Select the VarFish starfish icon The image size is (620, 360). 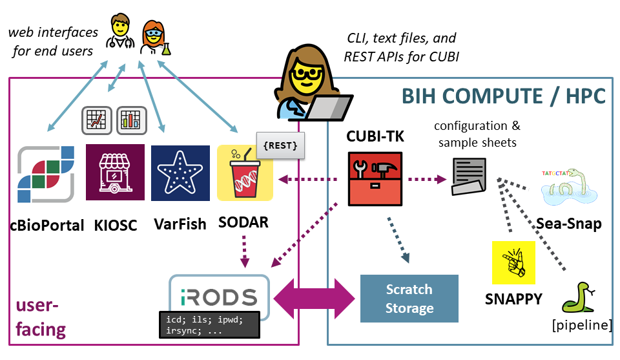[x=180, y=173]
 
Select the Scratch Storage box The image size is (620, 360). [x=409, y=299]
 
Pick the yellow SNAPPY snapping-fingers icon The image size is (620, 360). [x=513, y=262]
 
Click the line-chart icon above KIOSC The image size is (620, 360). [x=97, y=120]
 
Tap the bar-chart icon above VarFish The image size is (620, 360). [x=132, y=120]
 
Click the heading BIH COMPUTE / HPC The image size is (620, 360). [x=504, y=96]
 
